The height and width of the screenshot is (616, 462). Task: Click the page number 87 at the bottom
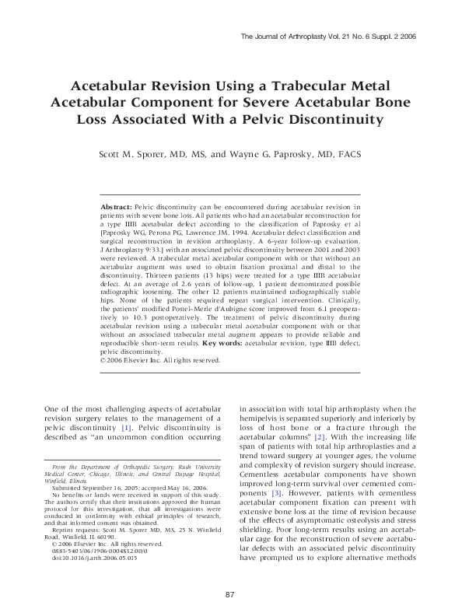[x=230, y=594]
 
